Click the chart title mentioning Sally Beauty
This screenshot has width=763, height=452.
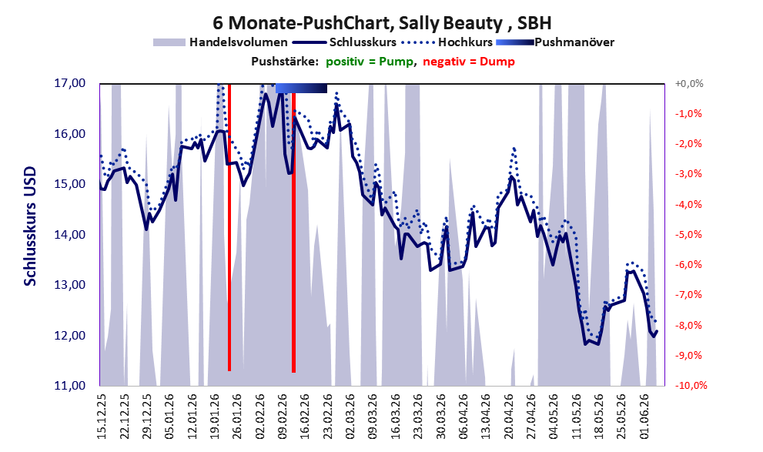[382, 23]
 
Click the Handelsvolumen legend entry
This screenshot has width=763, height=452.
[220, 42]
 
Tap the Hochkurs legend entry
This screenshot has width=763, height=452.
[447, 42]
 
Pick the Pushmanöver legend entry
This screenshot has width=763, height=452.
[555, 42]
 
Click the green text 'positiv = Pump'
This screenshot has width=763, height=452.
[370, 62]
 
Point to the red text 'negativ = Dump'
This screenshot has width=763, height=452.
[469, 62]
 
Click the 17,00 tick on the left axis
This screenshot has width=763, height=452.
[69, 83]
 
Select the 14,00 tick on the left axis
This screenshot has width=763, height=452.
[69, 235]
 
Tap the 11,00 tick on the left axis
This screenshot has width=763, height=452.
[69, 386]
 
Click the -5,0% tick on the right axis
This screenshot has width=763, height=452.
[688, 235]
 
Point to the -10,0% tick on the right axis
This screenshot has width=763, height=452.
[691, 386]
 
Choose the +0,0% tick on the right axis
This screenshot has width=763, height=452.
[689, 84]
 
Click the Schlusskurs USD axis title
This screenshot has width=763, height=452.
[30, 226]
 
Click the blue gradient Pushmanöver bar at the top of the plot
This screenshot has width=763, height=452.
[301, 88]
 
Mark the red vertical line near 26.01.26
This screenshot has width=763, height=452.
[229, 227]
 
